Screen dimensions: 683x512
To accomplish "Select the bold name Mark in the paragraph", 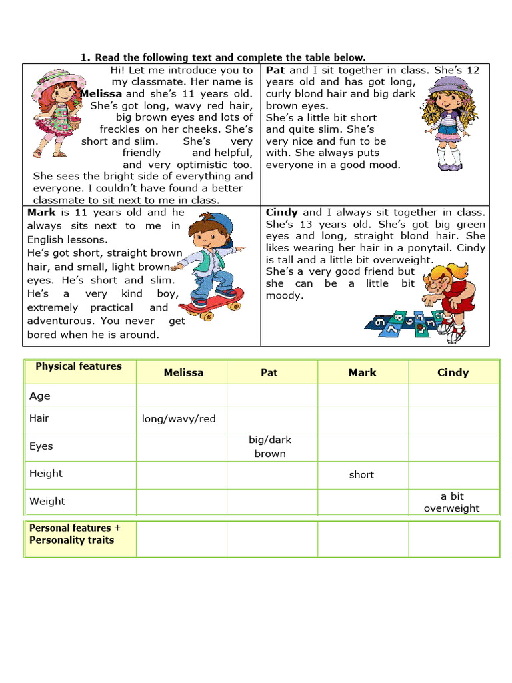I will (x=42, y=213).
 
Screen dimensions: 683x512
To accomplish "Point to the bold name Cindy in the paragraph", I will (x=282, y=213).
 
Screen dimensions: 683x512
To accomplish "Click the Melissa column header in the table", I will (x=183, y=372).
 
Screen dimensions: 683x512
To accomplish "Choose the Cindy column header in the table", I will (x=453, y=372).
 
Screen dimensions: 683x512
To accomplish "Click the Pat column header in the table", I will (x=269, y=372).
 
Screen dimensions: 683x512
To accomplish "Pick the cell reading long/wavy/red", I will (x=179, y=419).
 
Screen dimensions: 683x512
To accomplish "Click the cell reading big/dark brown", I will (x=270, y=447).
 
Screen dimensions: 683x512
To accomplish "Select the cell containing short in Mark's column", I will (x=361, y=475).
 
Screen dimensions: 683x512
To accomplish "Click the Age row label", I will (x=40, y=396).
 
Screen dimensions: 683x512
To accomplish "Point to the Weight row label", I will (x=47, y=501).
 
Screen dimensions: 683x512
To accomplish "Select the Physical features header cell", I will (x=79, y=366).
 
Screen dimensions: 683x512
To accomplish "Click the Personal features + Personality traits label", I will (x=75, y=534).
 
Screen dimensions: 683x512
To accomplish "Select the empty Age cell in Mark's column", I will (x=363, y=396).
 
